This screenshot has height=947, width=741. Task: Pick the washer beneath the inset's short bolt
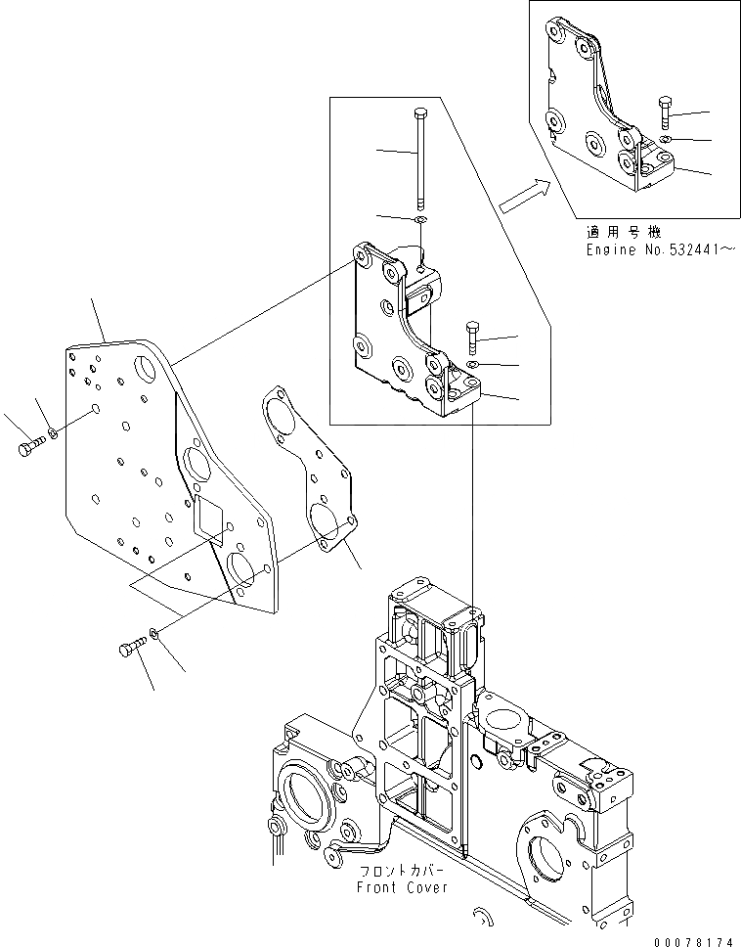pos(664,141)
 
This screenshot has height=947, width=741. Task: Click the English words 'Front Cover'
pos(402,887)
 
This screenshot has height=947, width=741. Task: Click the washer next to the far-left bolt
pos(54,433)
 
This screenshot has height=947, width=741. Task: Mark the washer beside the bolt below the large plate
pos(156,637)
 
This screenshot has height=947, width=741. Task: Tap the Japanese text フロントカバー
pos(402,871)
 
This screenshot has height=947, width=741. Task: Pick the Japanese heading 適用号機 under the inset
pos(624,233)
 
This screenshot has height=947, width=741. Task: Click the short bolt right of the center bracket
pos(473,338)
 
